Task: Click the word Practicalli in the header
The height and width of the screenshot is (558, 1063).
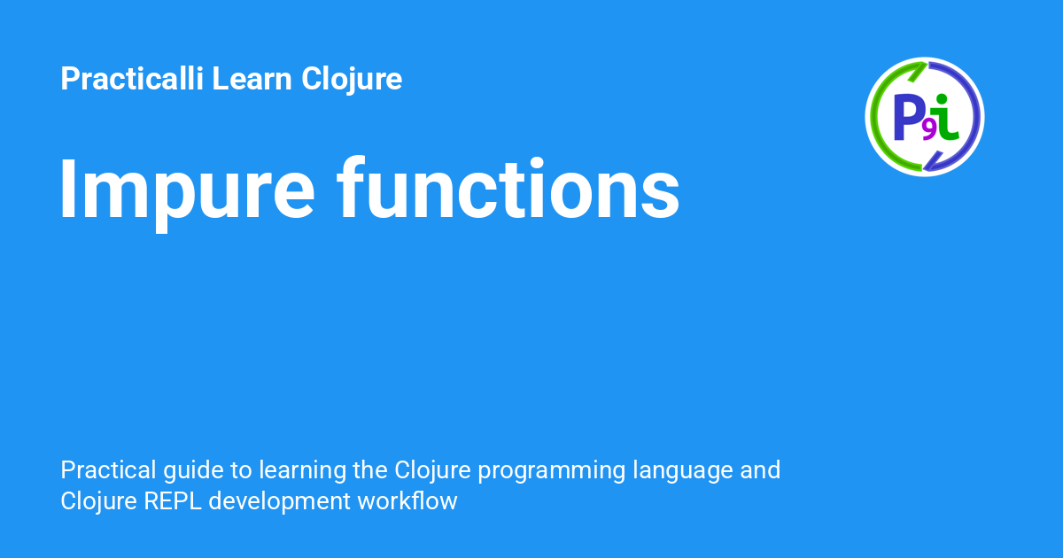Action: [x=132, y=78]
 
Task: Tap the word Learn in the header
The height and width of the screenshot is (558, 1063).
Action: [x=252, y=78]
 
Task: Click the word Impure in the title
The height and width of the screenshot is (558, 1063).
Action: [x=187, y=192]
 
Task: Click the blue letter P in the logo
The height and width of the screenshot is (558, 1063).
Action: [x=908, y=117]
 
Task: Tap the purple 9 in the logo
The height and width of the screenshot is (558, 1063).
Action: [x=929, y=131]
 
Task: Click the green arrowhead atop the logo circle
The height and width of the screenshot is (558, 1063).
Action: [x=918, y=71]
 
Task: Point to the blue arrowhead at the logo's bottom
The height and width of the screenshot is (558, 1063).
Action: [x=932, y=161]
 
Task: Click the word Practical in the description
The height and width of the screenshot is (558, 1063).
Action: [x=108, y=470]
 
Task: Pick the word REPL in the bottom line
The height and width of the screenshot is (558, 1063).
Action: [x=173, y=501]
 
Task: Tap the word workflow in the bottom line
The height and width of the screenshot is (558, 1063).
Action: [x=407, y=500]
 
